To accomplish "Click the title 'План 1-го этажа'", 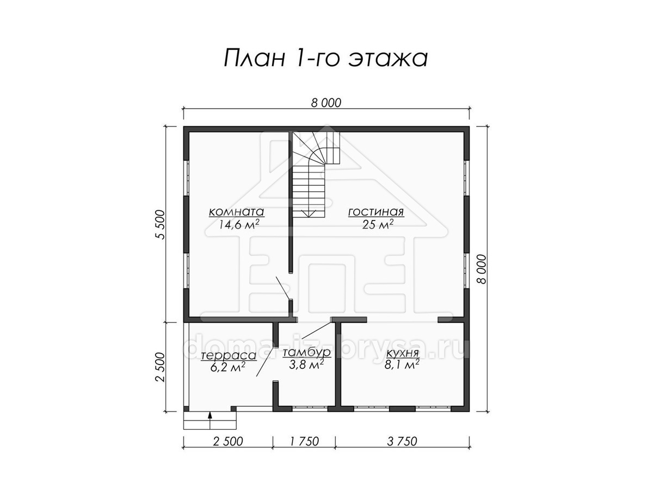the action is coord(326,58).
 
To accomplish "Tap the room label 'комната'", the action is coord(237,212).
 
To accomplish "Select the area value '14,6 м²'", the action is coord(239,225).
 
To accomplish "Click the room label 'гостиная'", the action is coord(376,212).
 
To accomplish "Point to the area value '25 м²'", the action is coord(378,224).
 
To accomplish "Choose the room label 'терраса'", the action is coord(229,355).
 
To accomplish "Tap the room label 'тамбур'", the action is coord(306,353).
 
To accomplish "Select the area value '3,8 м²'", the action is coord(306,365).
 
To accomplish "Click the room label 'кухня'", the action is coord(402,353).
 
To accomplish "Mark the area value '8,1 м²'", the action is coord(402,365).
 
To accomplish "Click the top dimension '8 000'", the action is coord(326,103).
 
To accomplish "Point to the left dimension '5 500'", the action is coord(159,224).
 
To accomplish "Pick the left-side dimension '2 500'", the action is coord(159,367).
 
